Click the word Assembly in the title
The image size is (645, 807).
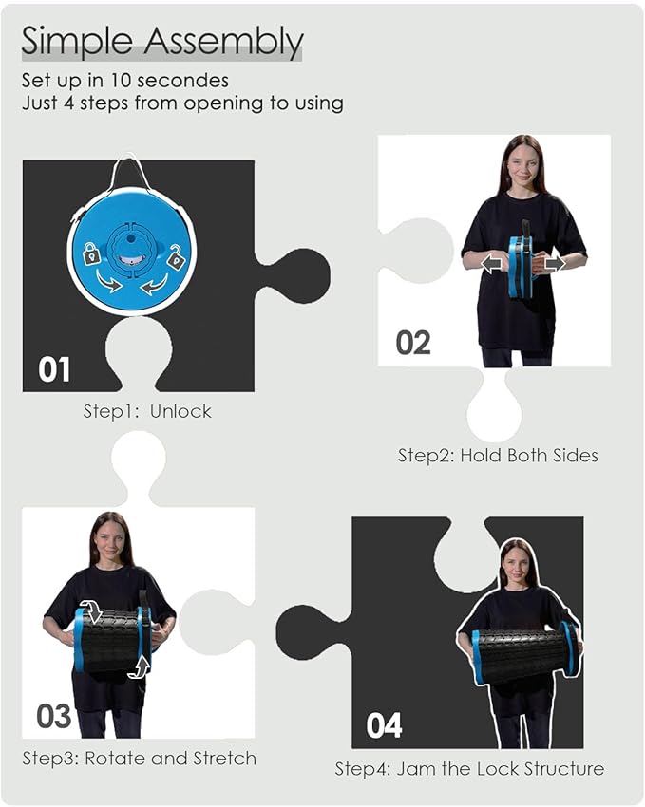[223, 42]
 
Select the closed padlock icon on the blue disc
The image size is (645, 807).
[91, 253]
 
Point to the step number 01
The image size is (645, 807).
[54, 369]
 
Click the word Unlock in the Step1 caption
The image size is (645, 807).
[180, 411]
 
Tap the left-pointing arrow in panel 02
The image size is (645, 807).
[492, 264]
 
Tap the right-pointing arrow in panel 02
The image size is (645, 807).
[555, 264]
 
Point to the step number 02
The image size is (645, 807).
[413, 343]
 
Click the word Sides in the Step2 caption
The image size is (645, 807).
[575, 456]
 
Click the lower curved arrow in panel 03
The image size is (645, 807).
[140, 666]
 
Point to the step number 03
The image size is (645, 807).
[53, 716]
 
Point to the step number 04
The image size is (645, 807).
[384, 725]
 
